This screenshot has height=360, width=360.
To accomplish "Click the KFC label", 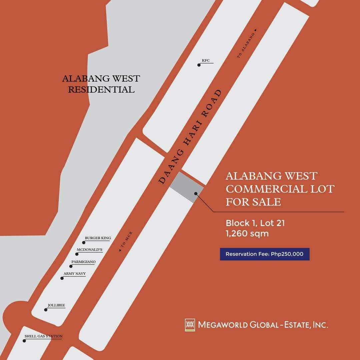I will [x=206, y=61].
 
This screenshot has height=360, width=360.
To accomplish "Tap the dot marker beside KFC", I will [x=199, y=65].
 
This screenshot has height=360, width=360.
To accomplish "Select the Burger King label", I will [x=98, y=238].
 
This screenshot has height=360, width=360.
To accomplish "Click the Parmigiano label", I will [x=83, y=262].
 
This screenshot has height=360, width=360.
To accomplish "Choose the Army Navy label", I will [x=75, y=274].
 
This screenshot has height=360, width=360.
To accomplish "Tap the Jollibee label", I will [x=56, y=305].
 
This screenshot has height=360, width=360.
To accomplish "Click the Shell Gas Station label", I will [x=43, y=336].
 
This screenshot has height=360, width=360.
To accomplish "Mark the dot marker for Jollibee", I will [x=46, y=310].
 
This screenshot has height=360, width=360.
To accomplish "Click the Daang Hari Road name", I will [x=190, y=137].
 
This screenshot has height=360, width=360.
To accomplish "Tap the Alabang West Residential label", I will [x=101, y=84].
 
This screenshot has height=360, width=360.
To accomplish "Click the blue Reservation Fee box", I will [x=265, y=254].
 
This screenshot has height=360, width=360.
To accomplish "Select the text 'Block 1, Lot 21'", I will [x=255, y=223].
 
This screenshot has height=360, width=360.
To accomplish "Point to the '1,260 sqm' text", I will [x=247, y=233].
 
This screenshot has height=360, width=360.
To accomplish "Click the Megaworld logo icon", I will [x=190, y=325].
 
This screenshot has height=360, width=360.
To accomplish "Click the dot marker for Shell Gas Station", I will [x=24, y=341].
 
